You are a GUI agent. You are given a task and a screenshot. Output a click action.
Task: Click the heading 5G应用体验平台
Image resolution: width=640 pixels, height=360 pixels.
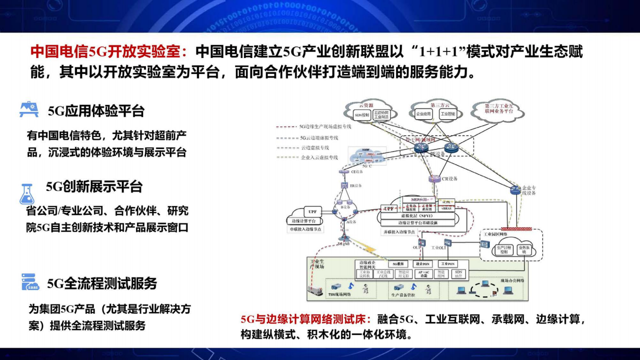click(96, 110)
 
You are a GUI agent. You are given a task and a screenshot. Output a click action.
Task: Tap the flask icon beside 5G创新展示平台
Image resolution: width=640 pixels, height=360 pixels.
click(27, 194)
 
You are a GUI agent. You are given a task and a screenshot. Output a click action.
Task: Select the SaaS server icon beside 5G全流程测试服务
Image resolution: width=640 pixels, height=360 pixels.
click(30, 282)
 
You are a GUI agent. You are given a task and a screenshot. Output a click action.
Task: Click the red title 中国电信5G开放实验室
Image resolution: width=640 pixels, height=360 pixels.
click(109, 51)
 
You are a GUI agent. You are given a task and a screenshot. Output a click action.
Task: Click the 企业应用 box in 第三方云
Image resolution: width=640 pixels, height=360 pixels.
click(423, 114)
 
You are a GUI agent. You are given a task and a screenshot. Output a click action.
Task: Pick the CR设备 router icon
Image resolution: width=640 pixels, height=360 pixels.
click(434, 178)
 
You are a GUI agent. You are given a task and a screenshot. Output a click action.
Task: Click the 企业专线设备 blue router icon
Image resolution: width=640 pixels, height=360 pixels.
click(515, 189)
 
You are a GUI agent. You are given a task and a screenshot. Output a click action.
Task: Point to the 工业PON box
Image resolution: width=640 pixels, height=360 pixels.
click(447, 263)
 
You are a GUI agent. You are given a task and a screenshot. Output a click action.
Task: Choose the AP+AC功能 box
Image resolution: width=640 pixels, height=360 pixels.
click(423, 273)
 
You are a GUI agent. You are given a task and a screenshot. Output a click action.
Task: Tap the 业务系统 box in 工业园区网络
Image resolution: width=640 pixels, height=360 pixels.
click(524, 249)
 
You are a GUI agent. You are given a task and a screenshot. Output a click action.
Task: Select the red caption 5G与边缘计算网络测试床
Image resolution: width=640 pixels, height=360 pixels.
click(305, 319)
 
